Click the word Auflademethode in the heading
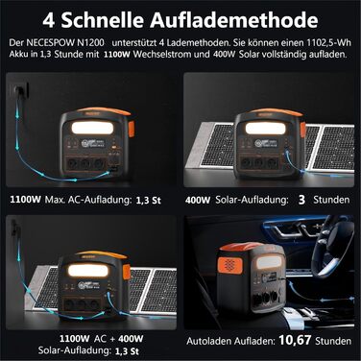pos(234,20)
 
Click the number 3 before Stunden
pos(301,200)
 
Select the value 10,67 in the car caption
pos(295,340)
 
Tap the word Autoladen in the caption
pos(209,341)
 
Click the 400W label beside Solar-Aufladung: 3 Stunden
pos(198,201)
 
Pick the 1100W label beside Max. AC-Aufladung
pos(25,200)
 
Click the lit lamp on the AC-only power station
pos(92,128)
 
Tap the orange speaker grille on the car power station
pos(229,265)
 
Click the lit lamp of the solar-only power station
pos(265,129)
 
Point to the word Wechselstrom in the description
pos(171,54)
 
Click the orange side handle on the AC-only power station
pos(132,129)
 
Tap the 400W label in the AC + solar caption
pos(131,339)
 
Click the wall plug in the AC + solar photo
pos(15,227)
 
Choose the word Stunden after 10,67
pos(333,341)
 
